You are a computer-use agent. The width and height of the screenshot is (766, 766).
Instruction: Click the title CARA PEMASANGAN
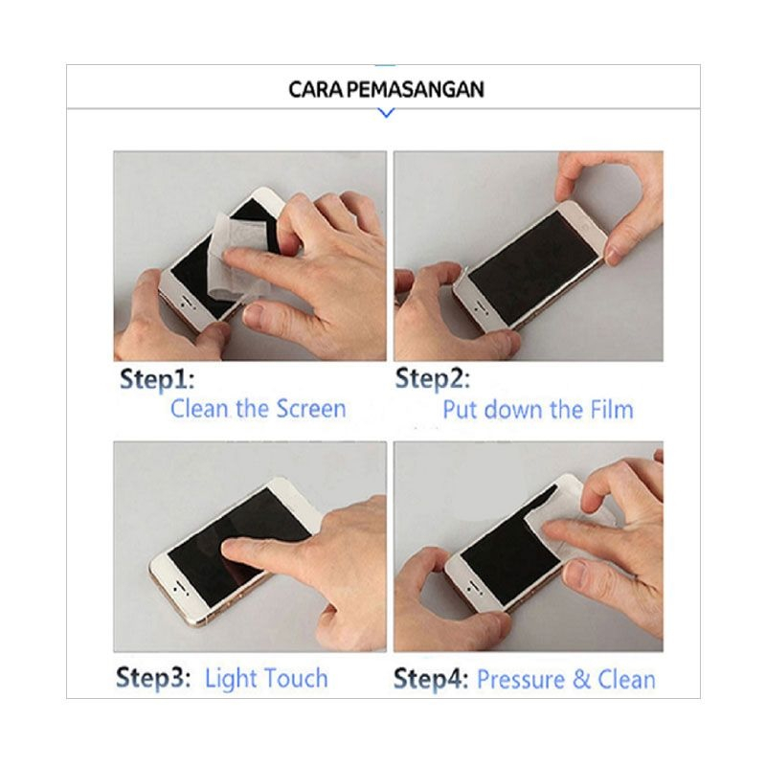pyautogui.click(x=386, y=89)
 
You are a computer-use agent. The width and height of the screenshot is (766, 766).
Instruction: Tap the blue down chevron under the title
pyautogui.click(x=387, y=113)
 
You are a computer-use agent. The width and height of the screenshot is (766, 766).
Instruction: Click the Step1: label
pyautogui.click(x=157, y=380)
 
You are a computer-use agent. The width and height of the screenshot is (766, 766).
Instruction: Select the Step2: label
pyautogui.click(x=433, y=379)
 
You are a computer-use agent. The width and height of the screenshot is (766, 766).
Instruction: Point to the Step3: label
pyautogui.click(x=153, y=679)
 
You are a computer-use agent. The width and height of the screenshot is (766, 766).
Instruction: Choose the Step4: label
pyautogui.click(x=431, y=680)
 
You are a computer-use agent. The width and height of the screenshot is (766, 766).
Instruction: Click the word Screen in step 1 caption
pyautogui.click(x=311, y=409)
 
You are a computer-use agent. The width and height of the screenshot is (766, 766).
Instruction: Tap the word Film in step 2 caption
pyautogui.click(x=612, y=410)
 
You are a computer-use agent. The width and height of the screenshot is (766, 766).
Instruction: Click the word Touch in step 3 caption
pyautogui.click(x=294, y=678)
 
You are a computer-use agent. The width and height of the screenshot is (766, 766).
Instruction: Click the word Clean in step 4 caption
pyautogui.click(x=626, y=680)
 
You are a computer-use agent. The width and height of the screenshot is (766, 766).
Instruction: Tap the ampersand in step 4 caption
pyautogui.click(x=581, y=680)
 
